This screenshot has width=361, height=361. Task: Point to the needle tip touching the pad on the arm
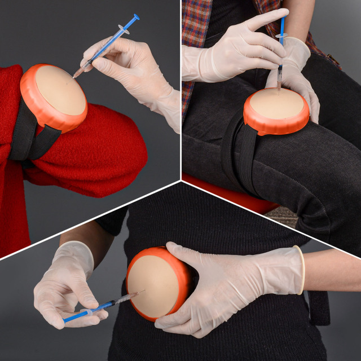73,76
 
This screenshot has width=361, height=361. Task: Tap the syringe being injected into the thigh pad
280,56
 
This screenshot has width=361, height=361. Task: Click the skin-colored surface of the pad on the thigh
276,104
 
